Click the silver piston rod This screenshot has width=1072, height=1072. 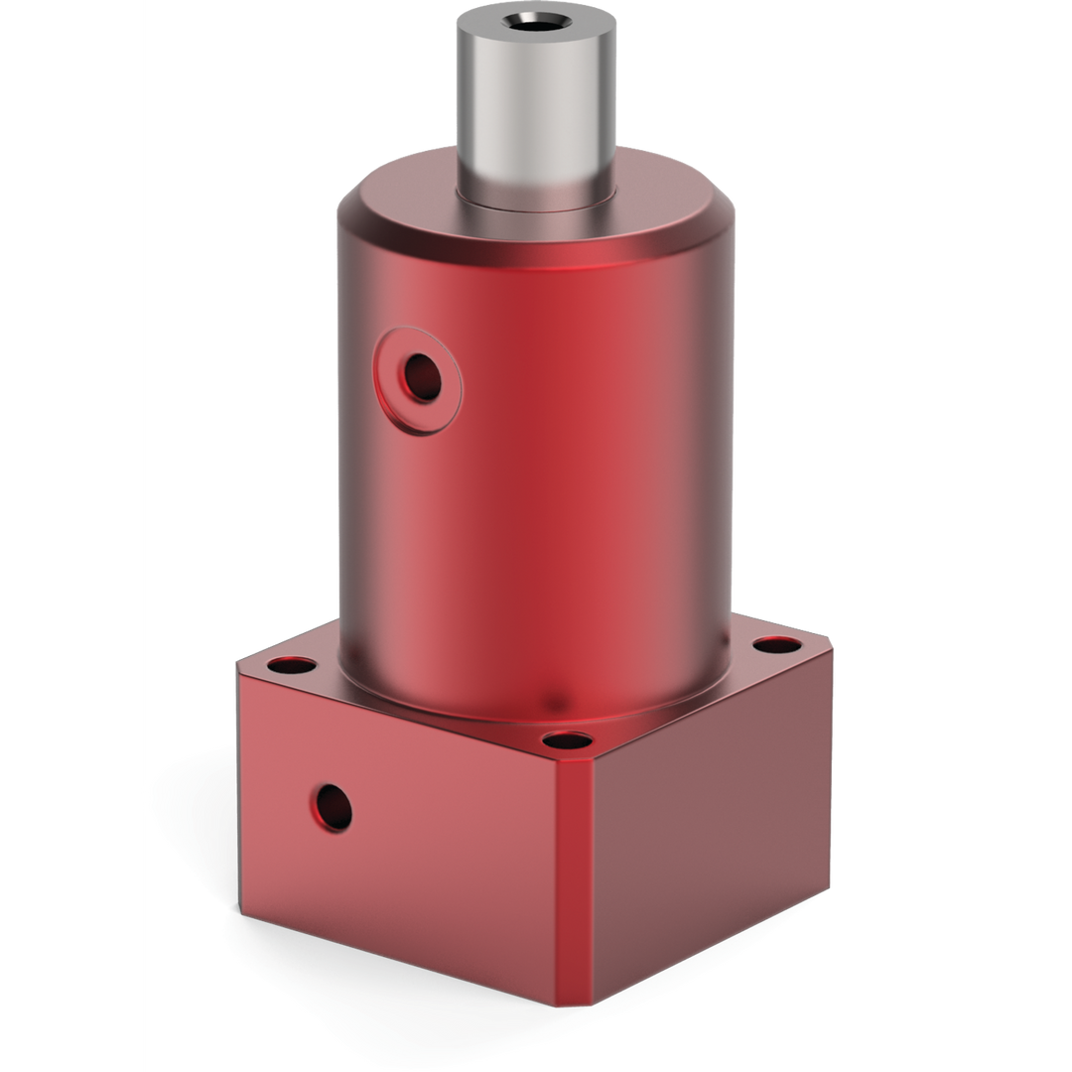point(536,109)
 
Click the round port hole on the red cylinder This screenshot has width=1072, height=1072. point(422,376)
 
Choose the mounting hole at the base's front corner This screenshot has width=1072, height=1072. point(568,739)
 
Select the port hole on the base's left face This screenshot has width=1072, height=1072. point(332,807)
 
